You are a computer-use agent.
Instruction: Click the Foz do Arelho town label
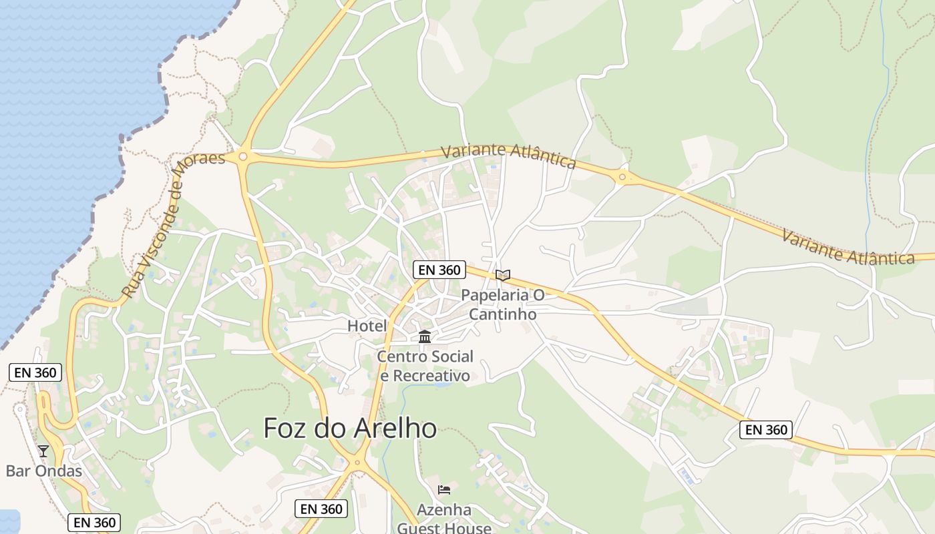point(350,428)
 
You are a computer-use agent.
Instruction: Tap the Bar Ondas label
point(44,471)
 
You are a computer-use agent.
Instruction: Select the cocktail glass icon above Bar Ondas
point(43,451)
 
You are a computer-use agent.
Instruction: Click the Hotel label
point(367,326)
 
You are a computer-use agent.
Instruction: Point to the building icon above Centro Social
point(425,336)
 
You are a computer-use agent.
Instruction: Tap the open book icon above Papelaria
point(503,275)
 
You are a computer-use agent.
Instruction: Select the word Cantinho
point(503,313)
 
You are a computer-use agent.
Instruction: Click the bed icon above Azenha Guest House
point(444,490)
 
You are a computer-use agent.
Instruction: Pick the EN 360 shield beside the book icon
point(439,270)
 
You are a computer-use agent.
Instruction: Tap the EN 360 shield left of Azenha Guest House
point(321,509)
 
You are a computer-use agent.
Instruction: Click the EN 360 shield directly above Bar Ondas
point(35,372)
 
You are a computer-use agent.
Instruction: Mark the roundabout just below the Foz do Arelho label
point(359,461)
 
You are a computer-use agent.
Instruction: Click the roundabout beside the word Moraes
point(243,157)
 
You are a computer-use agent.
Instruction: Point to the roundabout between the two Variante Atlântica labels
point(622,177)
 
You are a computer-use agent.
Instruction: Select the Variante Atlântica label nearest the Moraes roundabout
point(508,156)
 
